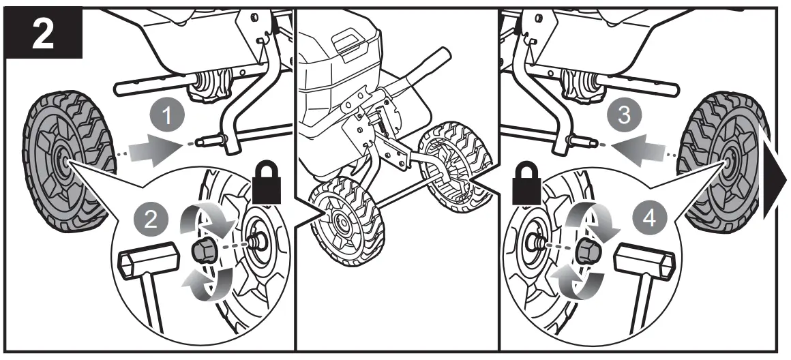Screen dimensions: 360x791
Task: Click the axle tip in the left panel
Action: coord(203,144)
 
